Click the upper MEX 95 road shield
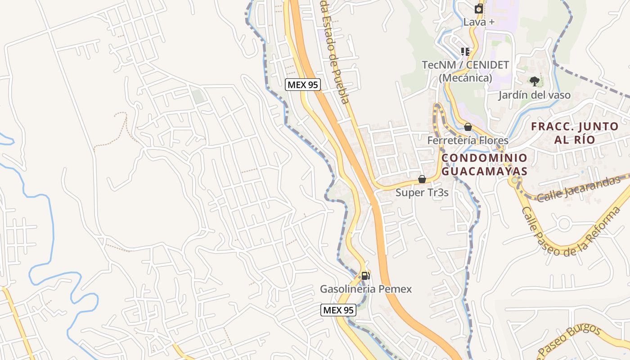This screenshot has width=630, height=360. point(303,85)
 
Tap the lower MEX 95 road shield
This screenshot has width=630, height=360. point(338,310)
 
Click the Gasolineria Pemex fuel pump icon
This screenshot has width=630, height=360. point(365,275)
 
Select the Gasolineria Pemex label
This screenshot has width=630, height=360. point(365,289)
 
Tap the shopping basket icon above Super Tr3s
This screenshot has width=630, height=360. point(422,179)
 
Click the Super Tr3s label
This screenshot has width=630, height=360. point(422,193)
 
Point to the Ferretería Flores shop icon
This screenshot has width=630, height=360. point(468,127)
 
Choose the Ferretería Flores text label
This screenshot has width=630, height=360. point(468,140)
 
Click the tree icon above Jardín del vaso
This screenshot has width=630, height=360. point(534,81)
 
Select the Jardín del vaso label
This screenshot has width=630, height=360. point(534,95)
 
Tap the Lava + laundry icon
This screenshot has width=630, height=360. point(479,9)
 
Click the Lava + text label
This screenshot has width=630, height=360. point(479,22)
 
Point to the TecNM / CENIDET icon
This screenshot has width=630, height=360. point(465,51)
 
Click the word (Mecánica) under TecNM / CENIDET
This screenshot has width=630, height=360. point(465,78)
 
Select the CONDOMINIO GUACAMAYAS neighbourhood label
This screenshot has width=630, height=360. point(484,164)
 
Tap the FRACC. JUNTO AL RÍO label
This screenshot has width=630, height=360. point(575,133)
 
